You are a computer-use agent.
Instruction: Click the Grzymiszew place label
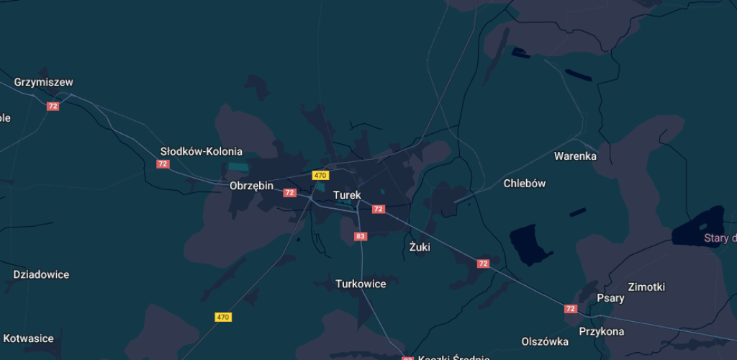tap(43, 82)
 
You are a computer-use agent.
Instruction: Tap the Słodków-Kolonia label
tap(201, 151)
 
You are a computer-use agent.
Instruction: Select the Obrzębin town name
tap(251, 186)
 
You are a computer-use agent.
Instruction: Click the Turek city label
tap(347, 195)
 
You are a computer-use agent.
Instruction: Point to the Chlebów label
tap(524, 183)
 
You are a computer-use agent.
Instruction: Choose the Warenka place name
tap(575, 156)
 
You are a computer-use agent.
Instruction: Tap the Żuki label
tap(419, 247)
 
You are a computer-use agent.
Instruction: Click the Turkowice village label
tap(361, 284)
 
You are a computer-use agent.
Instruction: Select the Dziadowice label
tap(41, 274)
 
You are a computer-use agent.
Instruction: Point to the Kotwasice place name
tap(28, 338)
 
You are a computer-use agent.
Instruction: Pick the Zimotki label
tap(646, 287)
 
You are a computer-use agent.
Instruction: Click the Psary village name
tap(611, 298)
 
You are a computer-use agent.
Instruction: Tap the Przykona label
tap(602, 332)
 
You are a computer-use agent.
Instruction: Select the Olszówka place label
tap(545, 341)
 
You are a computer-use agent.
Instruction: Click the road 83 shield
tap(361, 236)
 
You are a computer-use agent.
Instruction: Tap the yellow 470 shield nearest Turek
tap(320, 175)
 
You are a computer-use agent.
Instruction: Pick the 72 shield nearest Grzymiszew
tap(53, 106)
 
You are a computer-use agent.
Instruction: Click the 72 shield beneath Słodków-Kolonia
tap(163, 164)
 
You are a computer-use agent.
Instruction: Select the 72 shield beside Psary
tap(571, 309)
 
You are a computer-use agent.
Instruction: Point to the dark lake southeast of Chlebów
tap(531, 243)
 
